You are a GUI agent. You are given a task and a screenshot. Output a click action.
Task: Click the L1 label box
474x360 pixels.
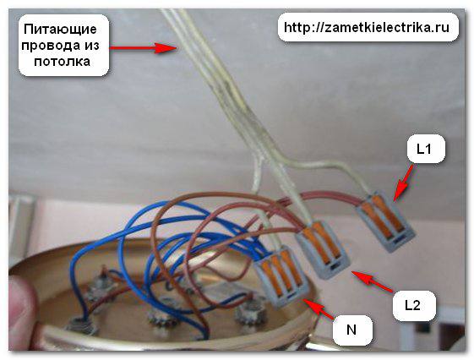(426, 150)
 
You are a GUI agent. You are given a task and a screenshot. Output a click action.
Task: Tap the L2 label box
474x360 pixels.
(414, 306)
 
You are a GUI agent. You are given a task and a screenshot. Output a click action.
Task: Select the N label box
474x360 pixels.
(352, 330)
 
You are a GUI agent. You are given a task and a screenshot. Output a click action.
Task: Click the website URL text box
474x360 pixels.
(368, 28)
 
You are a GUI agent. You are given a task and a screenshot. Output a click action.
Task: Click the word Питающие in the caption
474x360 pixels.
(60, 30)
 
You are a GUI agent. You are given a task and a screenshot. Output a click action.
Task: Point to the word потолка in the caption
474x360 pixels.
(62, 62)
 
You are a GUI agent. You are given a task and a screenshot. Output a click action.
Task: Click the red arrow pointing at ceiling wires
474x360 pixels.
(143, 47)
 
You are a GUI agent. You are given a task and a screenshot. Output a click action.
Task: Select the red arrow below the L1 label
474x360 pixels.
(404, 183)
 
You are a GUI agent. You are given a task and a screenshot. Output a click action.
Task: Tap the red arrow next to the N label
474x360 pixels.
(319, 308)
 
